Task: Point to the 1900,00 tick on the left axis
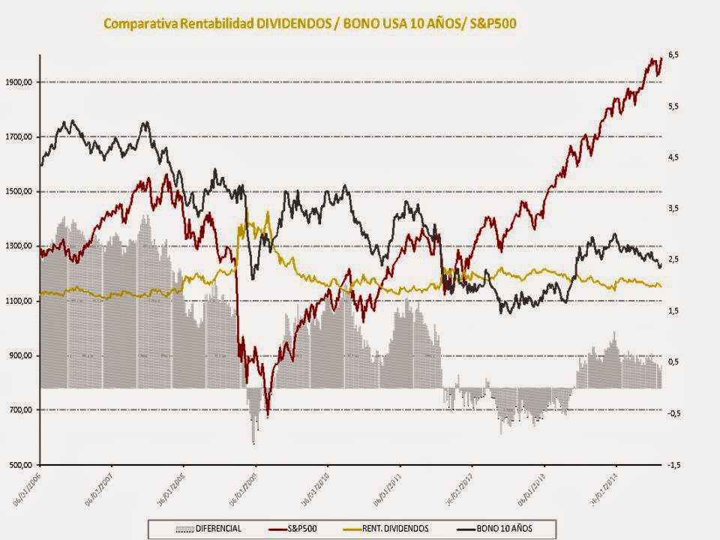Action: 19,82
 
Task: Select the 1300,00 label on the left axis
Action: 19,246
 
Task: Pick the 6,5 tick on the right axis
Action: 673,55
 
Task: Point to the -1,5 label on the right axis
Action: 673,465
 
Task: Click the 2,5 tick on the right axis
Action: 673,259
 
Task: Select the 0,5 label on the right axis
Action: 673,362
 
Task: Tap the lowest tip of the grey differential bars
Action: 253,444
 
